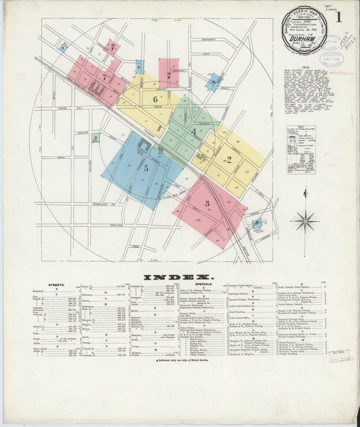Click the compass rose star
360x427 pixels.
(x=305, y=220)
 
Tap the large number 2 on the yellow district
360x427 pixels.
(x=229, y=159)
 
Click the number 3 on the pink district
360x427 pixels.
(x=207, y=203)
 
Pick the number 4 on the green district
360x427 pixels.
(x=193, y=132)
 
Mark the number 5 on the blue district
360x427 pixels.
(x=145, y=168)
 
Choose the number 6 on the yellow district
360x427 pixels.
(x=155, y=100)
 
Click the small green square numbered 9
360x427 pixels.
(x=95, y=139)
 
